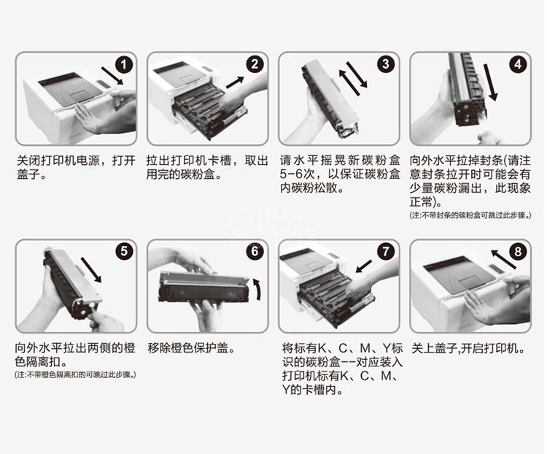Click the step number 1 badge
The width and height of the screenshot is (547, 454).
tap(123, 64)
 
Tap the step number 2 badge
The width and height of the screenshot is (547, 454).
tap(255, 64)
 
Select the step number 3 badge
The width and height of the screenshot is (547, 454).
tap(386, 64)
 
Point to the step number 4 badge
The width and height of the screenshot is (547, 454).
tap(518, 64)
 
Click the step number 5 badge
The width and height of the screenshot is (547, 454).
tap(124, 251)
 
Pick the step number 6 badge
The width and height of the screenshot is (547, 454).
tap(255, 251)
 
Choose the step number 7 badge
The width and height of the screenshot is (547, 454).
tap(386, 251)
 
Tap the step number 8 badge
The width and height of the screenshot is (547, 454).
tap(518, 251)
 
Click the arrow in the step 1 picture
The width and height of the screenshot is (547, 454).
tap(112, 76)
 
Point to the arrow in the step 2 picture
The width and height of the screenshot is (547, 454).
tap(235, 82)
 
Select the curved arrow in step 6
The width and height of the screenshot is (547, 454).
tap(258, 288)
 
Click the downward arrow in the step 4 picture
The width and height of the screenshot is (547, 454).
tap(491, 82)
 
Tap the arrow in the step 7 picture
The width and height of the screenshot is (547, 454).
tap(364, 266)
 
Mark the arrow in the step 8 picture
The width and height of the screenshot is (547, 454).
tap(503, 259)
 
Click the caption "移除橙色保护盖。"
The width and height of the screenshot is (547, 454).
tap(191, 348)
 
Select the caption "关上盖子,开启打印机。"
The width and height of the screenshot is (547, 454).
tap(468, 348)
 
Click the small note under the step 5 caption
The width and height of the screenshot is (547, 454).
tap(75, 375)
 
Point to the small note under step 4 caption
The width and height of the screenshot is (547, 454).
tap(470, 215)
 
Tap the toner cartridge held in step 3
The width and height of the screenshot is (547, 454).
tap(330, 98)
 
